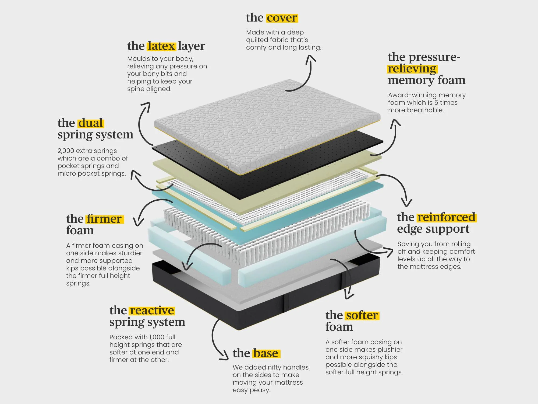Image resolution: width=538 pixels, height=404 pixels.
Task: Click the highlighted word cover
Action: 282,18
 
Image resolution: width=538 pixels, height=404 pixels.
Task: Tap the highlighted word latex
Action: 161,46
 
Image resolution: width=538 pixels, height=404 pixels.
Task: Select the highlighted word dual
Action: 91,123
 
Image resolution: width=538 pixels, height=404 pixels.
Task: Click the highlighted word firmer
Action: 104,219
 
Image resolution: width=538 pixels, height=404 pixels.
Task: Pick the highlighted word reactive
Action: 152,311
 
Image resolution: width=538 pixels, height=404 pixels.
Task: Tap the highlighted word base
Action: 266,353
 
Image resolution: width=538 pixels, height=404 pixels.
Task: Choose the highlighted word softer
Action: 362,315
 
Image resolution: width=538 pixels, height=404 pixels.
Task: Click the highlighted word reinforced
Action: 447,217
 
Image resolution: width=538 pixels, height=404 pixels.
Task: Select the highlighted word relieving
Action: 412,69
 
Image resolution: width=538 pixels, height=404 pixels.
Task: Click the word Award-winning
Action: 408,95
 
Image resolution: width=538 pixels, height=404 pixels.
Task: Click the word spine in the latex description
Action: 136,89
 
